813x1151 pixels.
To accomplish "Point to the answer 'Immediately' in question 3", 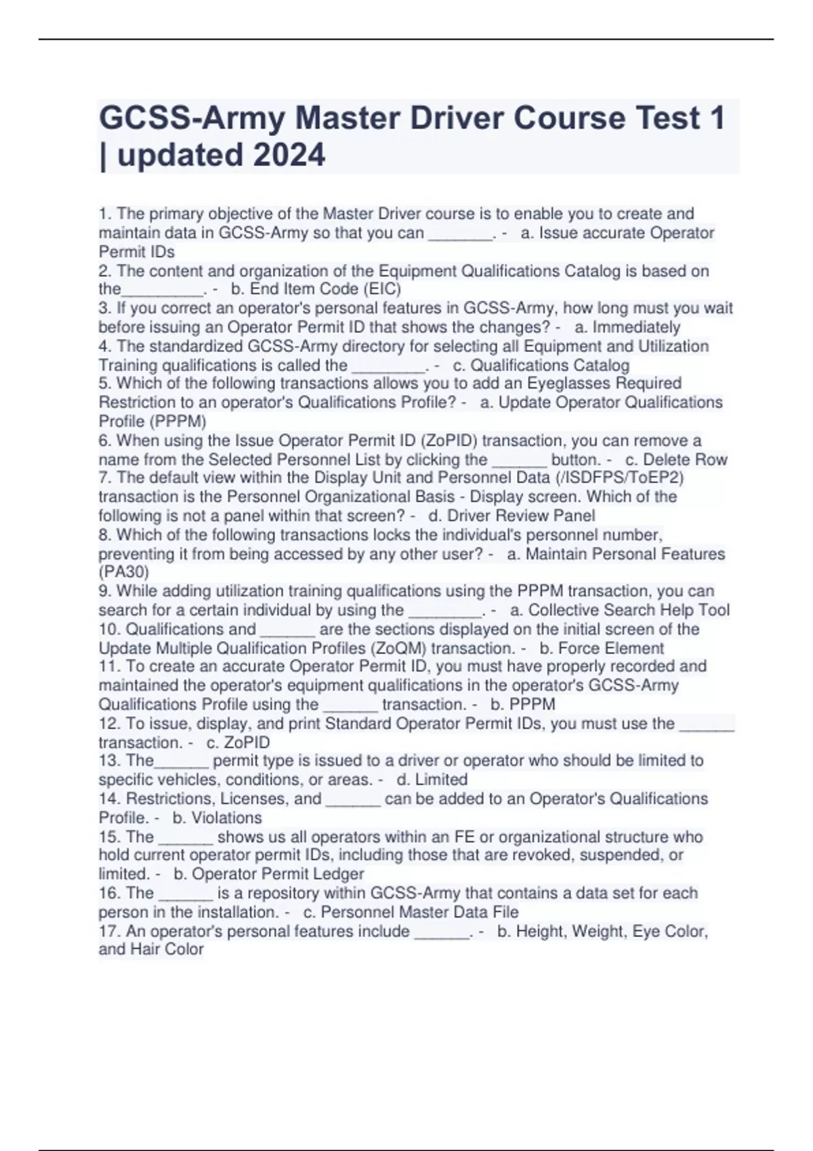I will pos(636,327).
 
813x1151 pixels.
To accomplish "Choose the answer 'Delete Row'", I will pos(685,460).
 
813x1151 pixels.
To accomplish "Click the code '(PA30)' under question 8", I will pos(124,572).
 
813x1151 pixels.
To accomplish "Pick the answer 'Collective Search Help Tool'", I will pos(629,610).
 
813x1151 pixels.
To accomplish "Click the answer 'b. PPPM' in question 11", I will pos(523,704).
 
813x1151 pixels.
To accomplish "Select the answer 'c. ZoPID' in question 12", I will pos(238,742).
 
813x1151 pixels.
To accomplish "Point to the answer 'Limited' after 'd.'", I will pos(441,779).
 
